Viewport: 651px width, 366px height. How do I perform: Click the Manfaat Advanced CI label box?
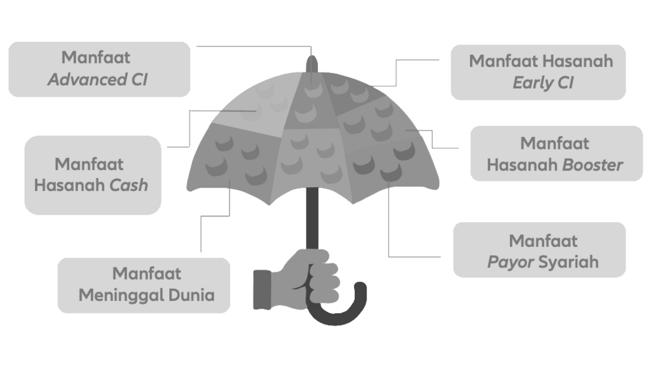pyautogui.click(x=99, y=69)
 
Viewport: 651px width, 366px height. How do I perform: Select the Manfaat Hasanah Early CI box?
pyautogui.click(x=538, y=71)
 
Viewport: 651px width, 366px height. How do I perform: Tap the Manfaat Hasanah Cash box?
pyautogui.click(x=93, y=174)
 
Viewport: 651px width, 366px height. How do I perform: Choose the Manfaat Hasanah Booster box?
pyautogui.click(x=554, y=154)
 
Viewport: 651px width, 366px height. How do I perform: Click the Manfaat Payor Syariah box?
pyautogui.click(x=539, y=250)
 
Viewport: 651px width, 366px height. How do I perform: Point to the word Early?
pyautogui.click(x=530, y=83)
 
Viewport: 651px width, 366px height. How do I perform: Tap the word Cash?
pyautogui.click(x=129, y=186)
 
